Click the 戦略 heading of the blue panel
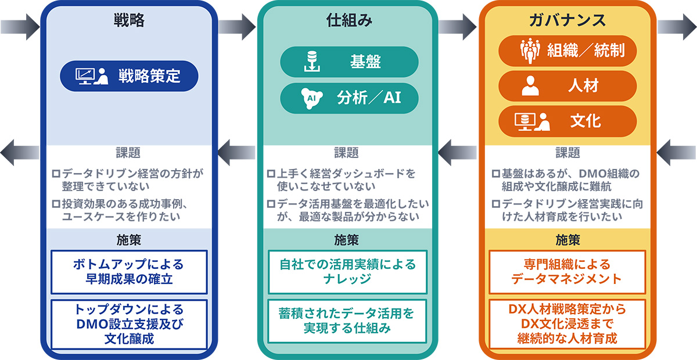tap(129, 21)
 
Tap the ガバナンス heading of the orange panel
tap(567, 21)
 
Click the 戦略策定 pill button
tap(130, 76)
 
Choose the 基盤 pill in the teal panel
tap(349, 62)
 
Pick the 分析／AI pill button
tap(349, 98)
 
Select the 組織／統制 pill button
tap(568, 51)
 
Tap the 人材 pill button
tap(568, 86)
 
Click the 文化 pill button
tap(568, 121)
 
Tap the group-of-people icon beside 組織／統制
tap(530, 51)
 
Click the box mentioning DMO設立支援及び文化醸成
tap(129, 324)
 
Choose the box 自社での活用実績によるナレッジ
tap(348, 272)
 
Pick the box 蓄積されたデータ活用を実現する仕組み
tap(348, 321)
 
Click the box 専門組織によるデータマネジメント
tap(567, 272)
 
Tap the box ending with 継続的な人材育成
tap(567, 324)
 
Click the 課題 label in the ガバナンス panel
tap(567, 153)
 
